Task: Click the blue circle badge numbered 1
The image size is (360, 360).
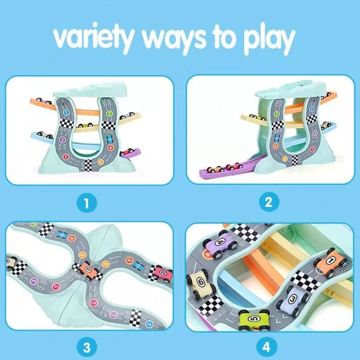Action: [86, 203]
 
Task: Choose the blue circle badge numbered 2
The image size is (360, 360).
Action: [269, 202]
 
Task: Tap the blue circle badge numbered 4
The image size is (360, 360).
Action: [266, 346]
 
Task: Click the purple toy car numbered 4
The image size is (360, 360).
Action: [220, 244]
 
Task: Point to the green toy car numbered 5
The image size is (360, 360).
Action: [254, 320]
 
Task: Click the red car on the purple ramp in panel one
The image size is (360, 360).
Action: [126, 152]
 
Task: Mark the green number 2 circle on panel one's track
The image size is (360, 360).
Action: [109, 113]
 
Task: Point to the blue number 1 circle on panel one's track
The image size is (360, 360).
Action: [66, 112]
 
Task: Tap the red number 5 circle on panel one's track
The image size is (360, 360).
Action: [66, 157]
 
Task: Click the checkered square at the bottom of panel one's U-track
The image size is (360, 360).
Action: [88, 166]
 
